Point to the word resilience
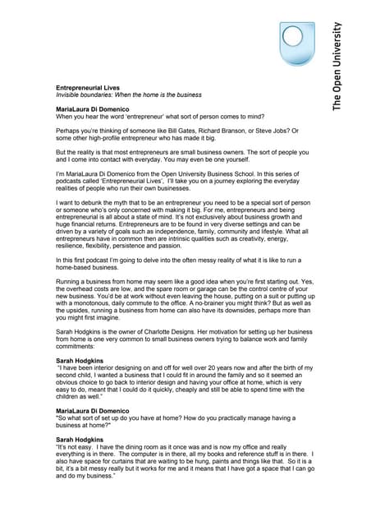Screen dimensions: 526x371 tap(73, 247)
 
